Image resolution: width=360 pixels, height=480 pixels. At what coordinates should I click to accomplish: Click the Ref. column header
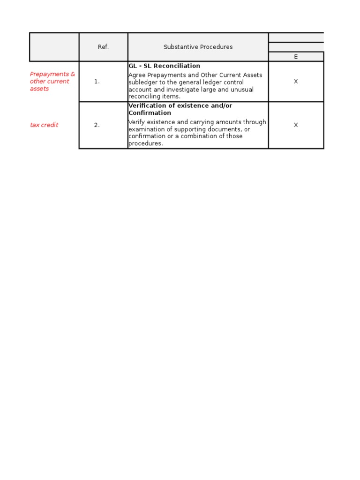click(x=103, y=47)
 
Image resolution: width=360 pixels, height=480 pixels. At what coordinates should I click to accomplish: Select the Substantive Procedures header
click(x=198, y=47)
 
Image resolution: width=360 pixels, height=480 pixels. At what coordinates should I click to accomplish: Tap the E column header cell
click(x=296, y=57)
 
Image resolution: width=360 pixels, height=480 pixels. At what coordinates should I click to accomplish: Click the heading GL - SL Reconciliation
click(x=164, y=66)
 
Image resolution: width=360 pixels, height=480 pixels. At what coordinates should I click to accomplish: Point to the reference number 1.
click(x=97, y=82)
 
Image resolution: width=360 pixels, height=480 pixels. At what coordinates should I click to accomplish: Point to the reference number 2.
click(x=97, y=125)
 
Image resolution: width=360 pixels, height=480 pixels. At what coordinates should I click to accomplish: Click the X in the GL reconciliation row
click(x=296, y=82)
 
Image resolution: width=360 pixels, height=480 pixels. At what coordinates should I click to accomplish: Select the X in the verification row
click(x=296, y=125)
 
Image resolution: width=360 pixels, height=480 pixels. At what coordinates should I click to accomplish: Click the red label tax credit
click(x=44, y=125)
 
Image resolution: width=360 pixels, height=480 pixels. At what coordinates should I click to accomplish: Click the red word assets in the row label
click(x=39, y=89)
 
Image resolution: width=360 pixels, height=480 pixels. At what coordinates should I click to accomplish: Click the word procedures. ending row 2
click(x=145, y=143)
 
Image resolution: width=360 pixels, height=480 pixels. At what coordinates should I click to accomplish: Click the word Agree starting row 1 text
click(x=137, y=75)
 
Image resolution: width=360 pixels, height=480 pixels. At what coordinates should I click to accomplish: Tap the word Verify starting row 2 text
click(x=136, y=122)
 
